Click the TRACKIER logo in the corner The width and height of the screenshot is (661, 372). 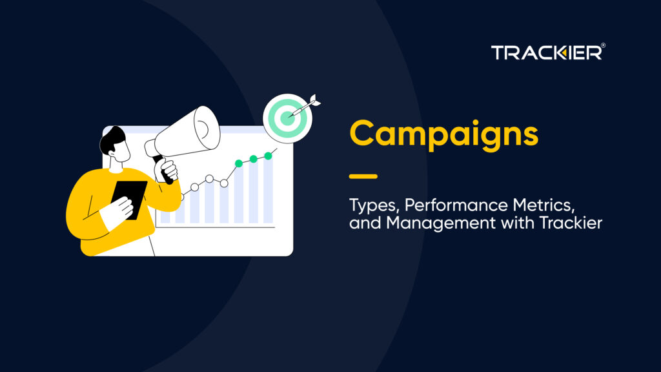point(546,53)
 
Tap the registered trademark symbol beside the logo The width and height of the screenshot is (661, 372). point(603,45)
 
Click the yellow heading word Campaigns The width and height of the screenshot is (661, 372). point(443,134)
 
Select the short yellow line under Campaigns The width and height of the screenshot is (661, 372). point(363,176)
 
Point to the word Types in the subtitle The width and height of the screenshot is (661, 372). point(370,207)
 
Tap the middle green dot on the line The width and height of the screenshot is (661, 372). point(253,158)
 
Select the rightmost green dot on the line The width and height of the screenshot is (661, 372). point(267,155)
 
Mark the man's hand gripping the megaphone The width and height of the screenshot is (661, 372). point(168,170)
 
